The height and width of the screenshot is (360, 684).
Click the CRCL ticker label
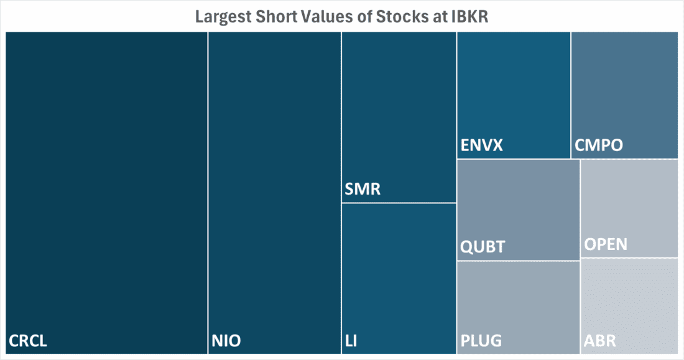[28, 341]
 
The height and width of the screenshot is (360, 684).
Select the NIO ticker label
[226, 341]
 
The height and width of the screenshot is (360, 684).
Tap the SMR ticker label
[362, 189]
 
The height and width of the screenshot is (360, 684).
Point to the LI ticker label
[351, 341]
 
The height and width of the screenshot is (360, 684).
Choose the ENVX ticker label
[482, 146]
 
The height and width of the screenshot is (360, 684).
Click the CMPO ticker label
[599, 146]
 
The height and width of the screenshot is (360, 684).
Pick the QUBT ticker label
[483, 247]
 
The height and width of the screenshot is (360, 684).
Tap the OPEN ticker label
[606, 244]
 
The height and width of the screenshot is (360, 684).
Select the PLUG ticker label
[481, 341]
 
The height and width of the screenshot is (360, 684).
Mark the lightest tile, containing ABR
[629, 298]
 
